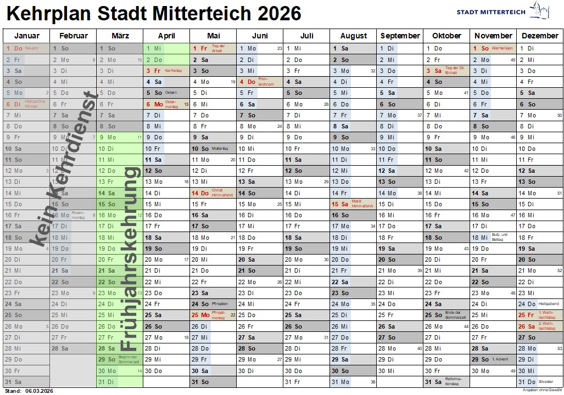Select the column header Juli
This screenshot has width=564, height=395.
tap(306, 36)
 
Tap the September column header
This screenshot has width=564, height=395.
tap(400, 36)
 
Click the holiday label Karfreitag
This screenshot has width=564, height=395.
tap(173, 71)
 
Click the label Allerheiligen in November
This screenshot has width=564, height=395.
tap(502, 48)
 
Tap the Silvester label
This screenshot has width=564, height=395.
tap(546, 382)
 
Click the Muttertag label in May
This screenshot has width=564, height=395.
tap(219, 149)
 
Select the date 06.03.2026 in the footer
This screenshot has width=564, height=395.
tap(38, 391)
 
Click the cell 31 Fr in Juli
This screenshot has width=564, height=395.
tap(293, 382)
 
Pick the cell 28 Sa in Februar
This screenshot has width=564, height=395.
tap(61, 348)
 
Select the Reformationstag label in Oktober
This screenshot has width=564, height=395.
tap(453, 382)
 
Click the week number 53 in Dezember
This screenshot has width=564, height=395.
tap(559, 348)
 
